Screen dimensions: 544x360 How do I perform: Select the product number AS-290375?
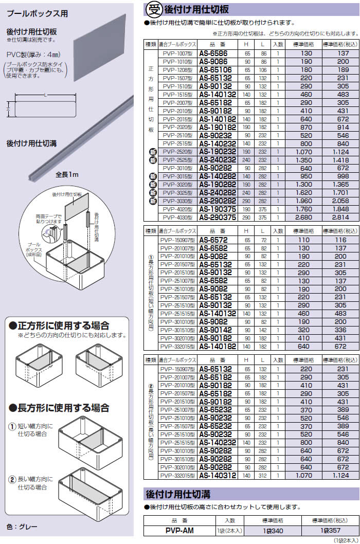(218, 217)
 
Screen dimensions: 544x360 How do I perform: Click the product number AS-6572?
(217, 240)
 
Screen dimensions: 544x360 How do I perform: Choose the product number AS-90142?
(217, 330)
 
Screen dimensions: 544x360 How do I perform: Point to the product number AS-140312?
(218, 476)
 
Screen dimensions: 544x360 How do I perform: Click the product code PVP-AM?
(181, 531)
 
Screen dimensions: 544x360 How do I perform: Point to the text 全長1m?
(67, 175)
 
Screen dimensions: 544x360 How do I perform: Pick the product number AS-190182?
(218, 127)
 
